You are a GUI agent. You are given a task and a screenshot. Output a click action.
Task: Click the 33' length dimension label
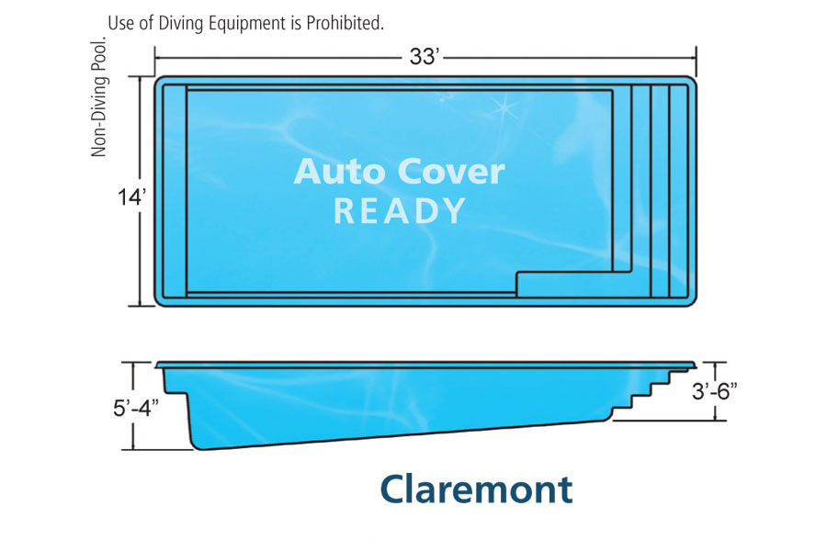click(425, 56)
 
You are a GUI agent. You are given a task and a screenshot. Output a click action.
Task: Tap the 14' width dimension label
click(131, 197)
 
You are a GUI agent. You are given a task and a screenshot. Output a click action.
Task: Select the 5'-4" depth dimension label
click(136, 408)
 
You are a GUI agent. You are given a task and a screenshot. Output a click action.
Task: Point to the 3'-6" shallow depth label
click(714, 391)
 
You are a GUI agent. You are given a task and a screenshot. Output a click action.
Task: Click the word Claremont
click(476, 489)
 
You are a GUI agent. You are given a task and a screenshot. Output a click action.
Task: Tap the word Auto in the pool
click(339, 172)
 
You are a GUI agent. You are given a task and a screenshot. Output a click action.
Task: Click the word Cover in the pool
click(451, 172)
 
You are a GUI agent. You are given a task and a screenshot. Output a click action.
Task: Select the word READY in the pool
click(400, 210)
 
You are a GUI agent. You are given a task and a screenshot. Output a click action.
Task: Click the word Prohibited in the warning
click(345, 23)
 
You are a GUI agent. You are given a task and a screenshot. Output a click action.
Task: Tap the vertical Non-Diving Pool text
click(98, 96)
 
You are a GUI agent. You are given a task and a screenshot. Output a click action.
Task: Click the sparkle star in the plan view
click(502, 107)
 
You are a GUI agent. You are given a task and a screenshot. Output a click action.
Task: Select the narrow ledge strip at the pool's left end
click(175, 192)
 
